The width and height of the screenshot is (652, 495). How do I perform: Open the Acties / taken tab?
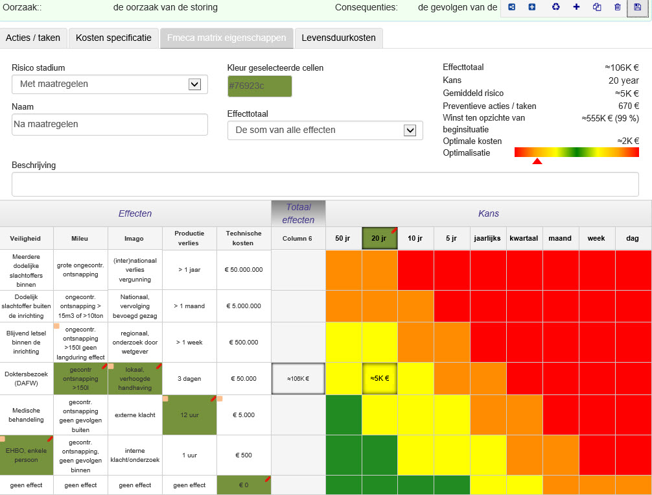click(33, 38)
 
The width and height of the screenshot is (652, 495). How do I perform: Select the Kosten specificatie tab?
click(113, 38)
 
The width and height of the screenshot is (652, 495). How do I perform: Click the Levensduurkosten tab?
click(338, 38)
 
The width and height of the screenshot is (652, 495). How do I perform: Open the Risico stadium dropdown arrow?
click(194, 84)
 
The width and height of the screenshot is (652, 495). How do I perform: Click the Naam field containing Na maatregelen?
click(110, 124)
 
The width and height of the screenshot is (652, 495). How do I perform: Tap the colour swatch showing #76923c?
click(259, 86)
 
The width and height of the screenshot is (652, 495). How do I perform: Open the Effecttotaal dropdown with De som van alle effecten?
click(325, 130)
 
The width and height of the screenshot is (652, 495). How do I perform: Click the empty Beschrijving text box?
click(325, 184)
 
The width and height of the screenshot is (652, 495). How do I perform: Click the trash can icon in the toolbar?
click(618, 7)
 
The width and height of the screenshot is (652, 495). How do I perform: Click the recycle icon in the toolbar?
click(555, 7)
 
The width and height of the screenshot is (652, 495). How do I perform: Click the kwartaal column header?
click(524, 238)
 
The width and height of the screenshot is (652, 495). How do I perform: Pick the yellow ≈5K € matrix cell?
click(380, 378)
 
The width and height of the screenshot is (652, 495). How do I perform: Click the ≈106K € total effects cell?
click(298, 378)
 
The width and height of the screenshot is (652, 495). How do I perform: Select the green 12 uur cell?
click(190, 415)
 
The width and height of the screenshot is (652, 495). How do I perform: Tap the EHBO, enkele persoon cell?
click(26, 455)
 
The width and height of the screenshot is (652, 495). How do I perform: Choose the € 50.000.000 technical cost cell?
click(244, 270)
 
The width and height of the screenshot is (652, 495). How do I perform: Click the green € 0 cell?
click(244, 485)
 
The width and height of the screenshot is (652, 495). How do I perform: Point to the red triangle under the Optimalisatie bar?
click(537, 161)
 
